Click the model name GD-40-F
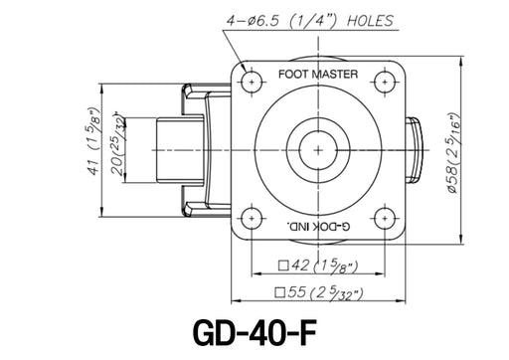[254, 332]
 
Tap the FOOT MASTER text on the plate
[318, 74]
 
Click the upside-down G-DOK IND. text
[318, 227]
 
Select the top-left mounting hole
[252, 82]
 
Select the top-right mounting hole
[385, 82]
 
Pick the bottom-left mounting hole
[252, 219]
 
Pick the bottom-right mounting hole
[385, 219]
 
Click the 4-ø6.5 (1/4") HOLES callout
[310, 21]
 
